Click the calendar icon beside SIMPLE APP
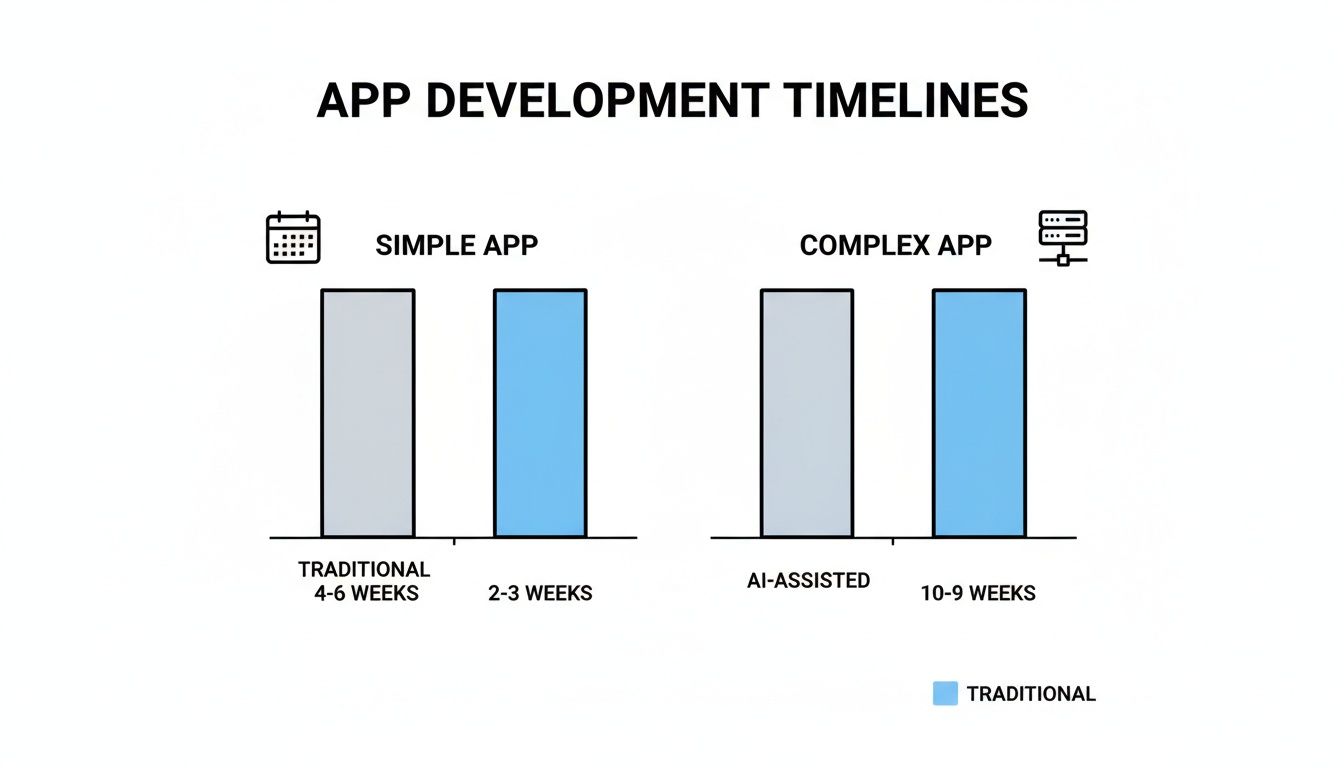click(x=293, y=238)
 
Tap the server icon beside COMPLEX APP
click(x=1063, y=237)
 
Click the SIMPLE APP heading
click(x=456, y=246)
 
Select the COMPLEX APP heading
click(x=896, y=246)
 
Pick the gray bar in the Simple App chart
click(x=367, y=413)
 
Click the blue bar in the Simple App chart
click(x=540, y=413)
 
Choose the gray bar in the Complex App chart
click(x=807, y=413)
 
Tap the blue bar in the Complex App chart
click(x=979, y=413)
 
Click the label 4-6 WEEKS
click(x=364, y=593)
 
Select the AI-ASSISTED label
click(x=808, y=580)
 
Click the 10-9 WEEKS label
click(x=978, y=593)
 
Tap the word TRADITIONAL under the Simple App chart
click(x=364, y=569)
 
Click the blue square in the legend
click(x=945, y=693)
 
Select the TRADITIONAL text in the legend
click(x=1031, y=694)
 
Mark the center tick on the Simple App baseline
click(x=454, y=541)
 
